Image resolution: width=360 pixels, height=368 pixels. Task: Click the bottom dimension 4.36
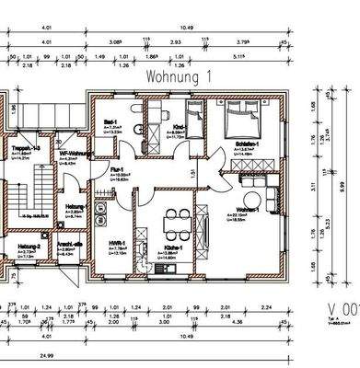coord(218,322)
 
